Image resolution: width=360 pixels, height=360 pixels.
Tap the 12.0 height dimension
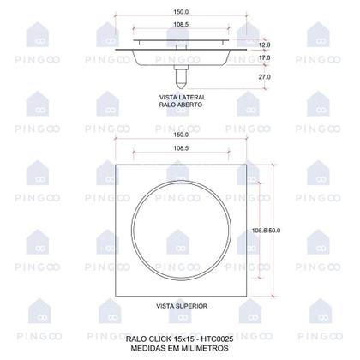(265, 45)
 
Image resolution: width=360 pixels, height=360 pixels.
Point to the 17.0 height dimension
(265, 59)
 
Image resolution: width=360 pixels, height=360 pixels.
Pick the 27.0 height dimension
(265, 77)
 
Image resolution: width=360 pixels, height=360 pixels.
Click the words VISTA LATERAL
(179, 98)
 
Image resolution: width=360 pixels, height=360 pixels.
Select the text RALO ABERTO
(179, 105)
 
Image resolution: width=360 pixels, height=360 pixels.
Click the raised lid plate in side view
(179, 41)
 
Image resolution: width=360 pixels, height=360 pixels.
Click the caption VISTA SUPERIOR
(180, 305)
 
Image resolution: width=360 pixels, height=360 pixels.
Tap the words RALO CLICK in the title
(147, 340)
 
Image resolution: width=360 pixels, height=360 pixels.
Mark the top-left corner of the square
(111, 160)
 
